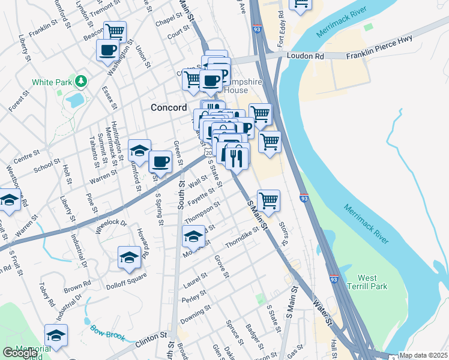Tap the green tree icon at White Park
80,81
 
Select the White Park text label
52,82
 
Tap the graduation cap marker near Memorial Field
56,335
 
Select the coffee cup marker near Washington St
108,50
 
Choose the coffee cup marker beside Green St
160,161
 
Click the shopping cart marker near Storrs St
268,200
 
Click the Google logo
20,353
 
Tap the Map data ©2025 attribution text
423,355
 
